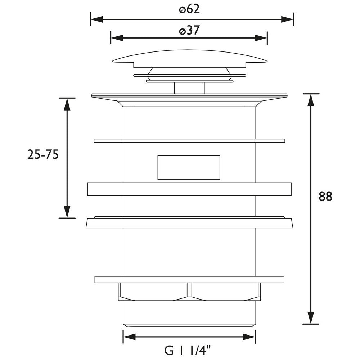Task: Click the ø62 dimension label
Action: pos(189,9)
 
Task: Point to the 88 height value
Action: pos(325,196)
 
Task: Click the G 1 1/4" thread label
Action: pos(187,350)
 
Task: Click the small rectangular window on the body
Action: pos(189,167)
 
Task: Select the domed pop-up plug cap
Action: pos(189,58)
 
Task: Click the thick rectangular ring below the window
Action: pos(189,189)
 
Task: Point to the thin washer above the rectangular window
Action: pos(189,140)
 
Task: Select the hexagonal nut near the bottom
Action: pos(189,292)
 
